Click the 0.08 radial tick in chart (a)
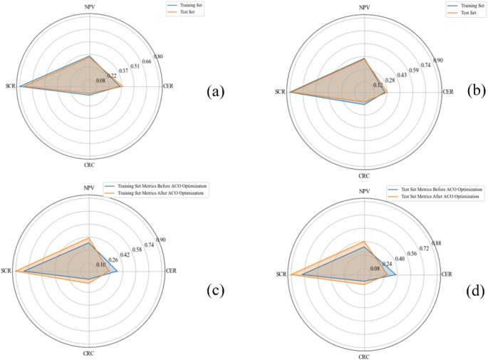pyautogui.click(x=100, y=81)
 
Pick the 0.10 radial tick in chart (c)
pyautogui.click(x=102, y=264)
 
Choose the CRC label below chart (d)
pyautogui.click(x=364, y=356)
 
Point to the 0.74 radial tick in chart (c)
pyautogui.click(x=147, y=245)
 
